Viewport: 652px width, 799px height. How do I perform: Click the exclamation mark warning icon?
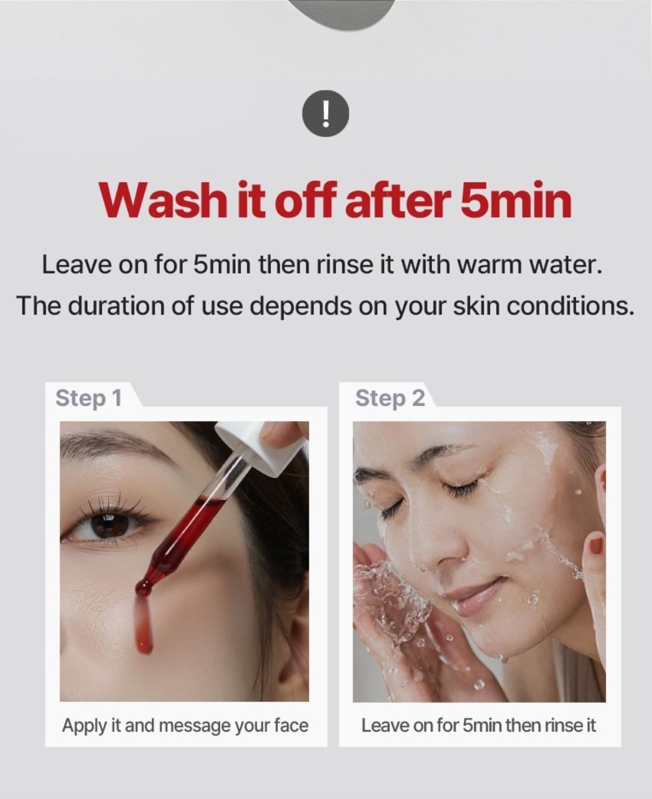(x=325, y=114)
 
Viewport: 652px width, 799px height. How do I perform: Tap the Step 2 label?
(x=390, y=399)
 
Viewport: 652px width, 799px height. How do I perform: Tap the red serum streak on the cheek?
(x=145, y=627)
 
